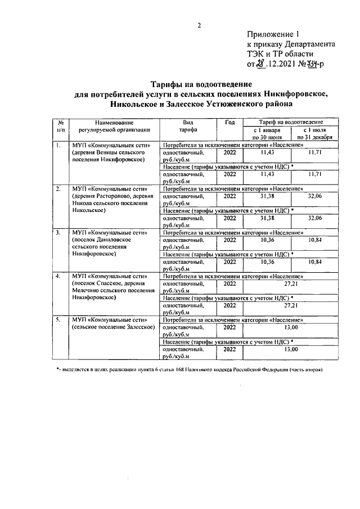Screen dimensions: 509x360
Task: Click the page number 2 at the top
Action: coord(199,25)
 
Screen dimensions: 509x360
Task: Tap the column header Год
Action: coord(229,122)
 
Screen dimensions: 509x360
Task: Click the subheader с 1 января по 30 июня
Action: coord(267,133)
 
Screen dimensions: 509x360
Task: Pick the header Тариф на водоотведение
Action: coord(290,121)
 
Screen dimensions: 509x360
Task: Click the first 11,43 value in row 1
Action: coord(267,152)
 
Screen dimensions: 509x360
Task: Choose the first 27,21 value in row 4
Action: coord(290,283)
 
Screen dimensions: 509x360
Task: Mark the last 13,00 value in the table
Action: coord(290,349)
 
